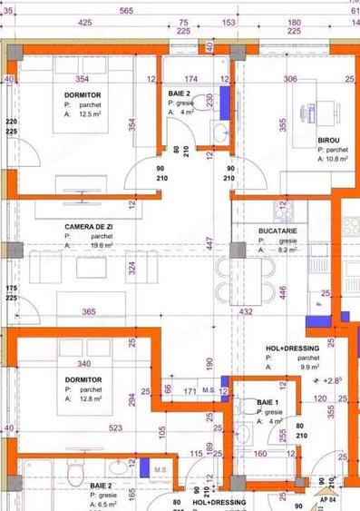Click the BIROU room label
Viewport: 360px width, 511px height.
329,140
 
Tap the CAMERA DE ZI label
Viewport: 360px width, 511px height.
88,227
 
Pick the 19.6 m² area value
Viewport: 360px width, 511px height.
101,245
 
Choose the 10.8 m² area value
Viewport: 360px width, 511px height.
336,159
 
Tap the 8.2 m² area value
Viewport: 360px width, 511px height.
290,250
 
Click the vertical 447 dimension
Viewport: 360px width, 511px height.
209,242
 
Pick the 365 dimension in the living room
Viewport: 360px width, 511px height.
89,311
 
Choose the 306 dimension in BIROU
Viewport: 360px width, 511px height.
290,79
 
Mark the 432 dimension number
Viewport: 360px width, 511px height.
245,311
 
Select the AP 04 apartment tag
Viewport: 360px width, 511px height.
328,499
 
